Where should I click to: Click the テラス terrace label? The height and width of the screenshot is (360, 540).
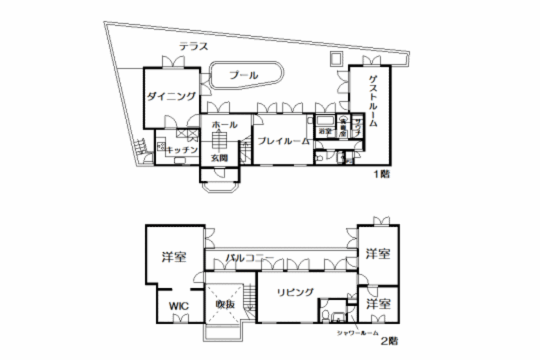point(194,47)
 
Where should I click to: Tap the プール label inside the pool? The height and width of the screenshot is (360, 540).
point(244,75)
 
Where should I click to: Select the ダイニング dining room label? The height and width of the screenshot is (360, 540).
point(172,97)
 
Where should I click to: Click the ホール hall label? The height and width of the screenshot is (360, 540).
point(224,125)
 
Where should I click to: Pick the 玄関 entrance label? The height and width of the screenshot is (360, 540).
point(220,158)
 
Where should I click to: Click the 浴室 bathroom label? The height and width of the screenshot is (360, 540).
point(325,132)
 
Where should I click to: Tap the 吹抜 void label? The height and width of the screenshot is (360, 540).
point(225,304)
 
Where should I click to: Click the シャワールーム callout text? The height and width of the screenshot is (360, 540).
point(357,331)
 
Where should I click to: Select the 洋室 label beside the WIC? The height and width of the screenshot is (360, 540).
point(173,257)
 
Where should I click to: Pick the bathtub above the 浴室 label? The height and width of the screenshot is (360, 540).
point(325,120)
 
